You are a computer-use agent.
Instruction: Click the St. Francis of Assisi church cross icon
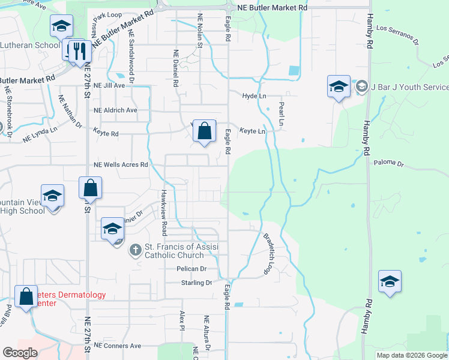click(x=136, y=250)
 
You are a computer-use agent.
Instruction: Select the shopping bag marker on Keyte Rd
click(x=204, y=131)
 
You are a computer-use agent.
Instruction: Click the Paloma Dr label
click(x=390, y=163)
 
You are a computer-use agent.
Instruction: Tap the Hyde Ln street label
click(x=254, y=96)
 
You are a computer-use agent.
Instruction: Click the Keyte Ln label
click(x=253, y=131)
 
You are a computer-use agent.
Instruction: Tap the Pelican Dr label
click(x=191, y=269)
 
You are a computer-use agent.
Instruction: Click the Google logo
click(x=20, y=352)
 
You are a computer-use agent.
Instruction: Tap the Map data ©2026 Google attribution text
click(x=411, y=355)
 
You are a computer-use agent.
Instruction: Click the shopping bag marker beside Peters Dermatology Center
click(x=26, y=296)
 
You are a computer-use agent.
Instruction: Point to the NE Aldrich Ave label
click(x=115, y=110)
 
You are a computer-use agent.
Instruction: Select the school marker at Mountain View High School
click(x=52, y=196)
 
